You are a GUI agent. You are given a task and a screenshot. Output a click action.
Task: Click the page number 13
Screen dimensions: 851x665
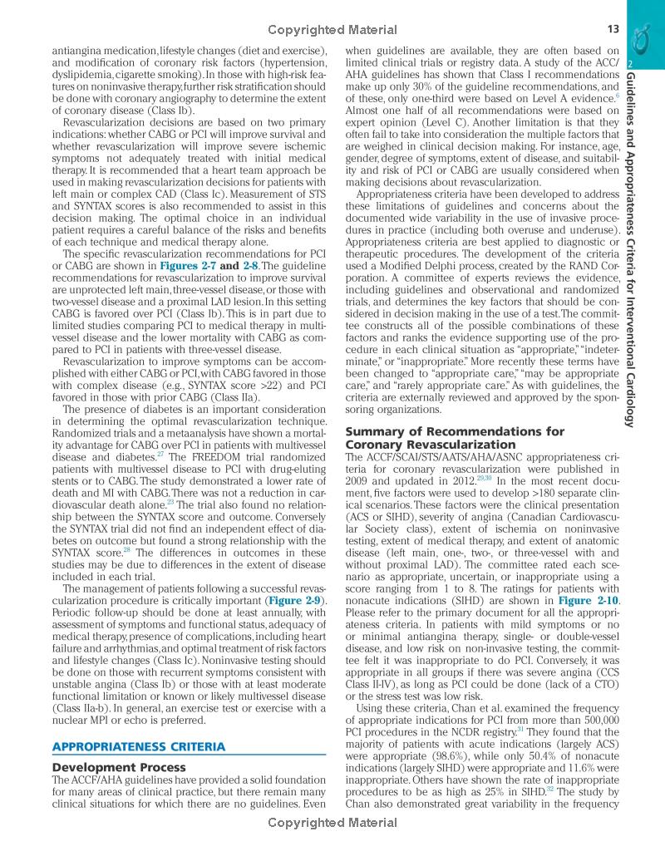614,30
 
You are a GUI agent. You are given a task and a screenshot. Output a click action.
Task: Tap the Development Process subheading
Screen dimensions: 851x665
119,767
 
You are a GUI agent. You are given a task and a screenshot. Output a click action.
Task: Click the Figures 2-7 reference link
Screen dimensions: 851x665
190,265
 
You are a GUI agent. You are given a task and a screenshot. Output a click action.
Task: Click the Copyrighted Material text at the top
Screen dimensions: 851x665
331,30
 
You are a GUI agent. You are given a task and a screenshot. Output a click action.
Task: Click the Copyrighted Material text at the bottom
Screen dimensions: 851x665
331,823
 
